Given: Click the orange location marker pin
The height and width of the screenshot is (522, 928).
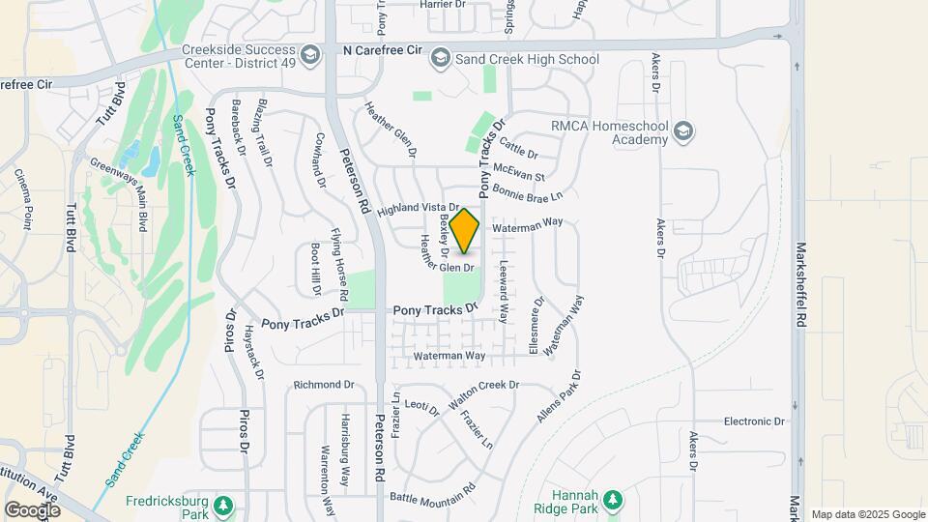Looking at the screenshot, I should [x=465, y=230].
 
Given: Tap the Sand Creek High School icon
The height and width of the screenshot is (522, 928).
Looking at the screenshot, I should [x=441, y=59].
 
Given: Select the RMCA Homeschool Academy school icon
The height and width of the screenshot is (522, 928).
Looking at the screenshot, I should [x=683, y=131].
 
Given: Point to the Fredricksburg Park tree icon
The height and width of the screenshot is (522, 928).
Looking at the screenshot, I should [x=223, y=506].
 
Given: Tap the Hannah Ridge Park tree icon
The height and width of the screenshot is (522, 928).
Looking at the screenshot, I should [x=611, y=500].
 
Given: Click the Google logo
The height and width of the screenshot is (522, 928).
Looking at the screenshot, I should [x=32, y=509].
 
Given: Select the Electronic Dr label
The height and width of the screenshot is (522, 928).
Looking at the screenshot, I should [x=754, y=421].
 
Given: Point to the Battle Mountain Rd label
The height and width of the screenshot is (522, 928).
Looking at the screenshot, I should [x=432, y=497].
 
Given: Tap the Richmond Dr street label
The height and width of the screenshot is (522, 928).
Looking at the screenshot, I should [x=324, y=384].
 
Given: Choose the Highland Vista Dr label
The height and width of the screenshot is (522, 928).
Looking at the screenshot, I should [x=417, y=208].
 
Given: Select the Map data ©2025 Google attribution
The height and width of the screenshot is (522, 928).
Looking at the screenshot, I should [x=867, y=514].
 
